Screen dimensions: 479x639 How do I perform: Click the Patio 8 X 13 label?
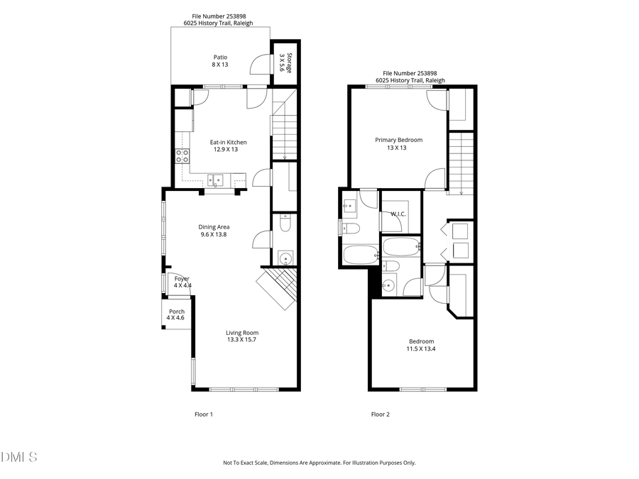click(x=220, y=61)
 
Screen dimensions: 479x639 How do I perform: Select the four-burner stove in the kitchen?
click(x=182, y=156)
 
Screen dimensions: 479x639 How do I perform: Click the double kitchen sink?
click(x=216, y=180)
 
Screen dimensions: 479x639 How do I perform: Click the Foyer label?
click(x=182, y=279)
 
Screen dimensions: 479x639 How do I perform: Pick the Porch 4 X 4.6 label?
click(x=176, y=314)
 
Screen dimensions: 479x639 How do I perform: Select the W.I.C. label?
click(x=398, y=214)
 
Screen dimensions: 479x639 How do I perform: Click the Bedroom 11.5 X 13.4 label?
click(x=420, y=345)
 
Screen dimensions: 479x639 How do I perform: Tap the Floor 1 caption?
click(x=204, y=414)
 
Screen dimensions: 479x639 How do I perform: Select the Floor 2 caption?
click(x=380, y=414)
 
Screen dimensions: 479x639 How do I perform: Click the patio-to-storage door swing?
click(x=258, y=65)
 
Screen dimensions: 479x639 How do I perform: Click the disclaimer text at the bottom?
click(x=319, y=463)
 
